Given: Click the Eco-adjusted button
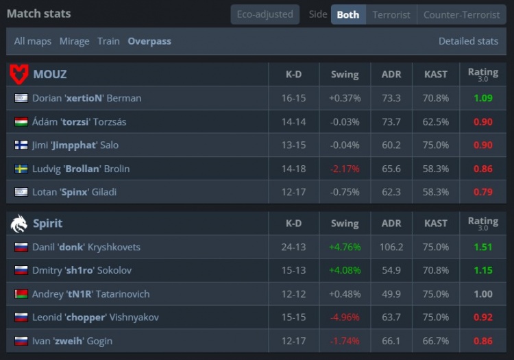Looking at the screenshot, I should point(265,14).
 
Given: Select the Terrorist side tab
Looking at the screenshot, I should point(391,14).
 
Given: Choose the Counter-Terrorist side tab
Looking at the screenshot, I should point(461,14).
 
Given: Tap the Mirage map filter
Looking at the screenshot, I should point(74,41).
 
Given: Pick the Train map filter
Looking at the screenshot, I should point(108,41).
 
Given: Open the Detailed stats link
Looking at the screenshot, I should point(468,41).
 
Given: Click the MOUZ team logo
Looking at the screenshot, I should point(19,74).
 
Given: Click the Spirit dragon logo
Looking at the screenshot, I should point(19,223).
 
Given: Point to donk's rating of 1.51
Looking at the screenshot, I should point(482,247).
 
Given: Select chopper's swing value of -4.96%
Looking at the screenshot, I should point(344,317).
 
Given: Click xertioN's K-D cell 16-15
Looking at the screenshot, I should point(293,98).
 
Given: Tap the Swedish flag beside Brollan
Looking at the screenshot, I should point(21,169).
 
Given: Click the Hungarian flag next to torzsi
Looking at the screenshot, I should point(21,122).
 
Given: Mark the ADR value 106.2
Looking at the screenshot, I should point(391,247).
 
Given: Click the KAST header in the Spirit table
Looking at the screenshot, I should point(436,223).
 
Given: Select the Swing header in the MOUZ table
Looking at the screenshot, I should point(344,74).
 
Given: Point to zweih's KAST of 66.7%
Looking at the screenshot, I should point(436,341).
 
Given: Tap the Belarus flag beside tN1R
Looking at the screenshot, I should point(21,294).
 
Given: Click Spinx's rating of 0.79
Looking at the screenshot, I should point(482,192).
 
